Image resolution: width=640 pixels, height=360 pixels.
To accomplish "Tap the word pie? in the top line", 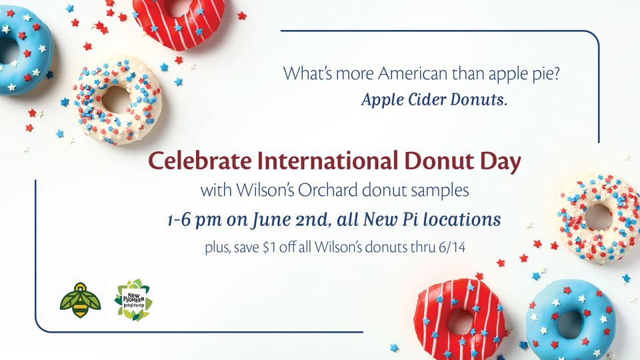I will [545, 74].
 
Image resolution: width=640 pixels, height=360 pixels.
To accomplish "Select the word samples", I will [438, 191].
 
